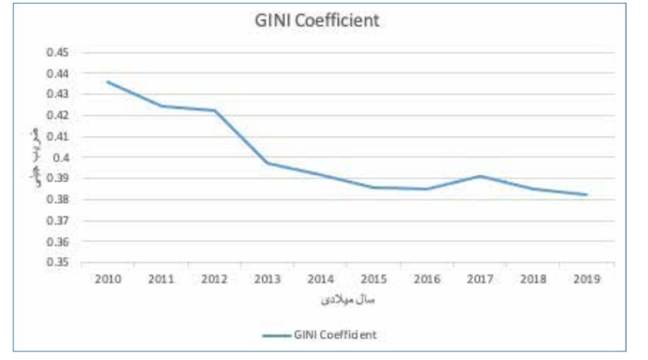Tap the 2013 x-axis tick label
point(268,279)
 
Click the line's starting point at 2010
point(108,82)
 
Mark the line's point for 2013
point(268,163)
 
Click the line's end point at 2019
point(587,194)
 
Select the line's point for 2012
point(215,111)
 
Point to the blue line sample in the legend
point(276,335)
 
